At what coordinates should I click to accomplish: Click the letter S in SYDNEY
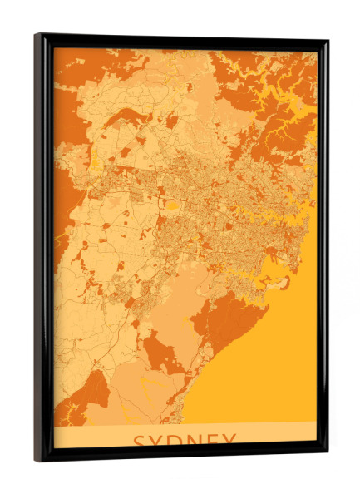tap(141, 441)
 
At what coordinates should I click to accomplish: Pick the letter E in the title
tap(215, 441)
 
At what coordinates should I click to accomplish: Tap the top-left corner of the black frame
tap(37, 36)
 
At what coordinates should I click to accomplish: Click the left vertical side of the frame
tap(41, 249)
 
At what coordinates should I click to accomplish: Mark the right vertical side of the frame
tap(323, 249)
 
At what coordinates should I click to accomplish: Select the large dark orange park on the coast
tap(237, 320)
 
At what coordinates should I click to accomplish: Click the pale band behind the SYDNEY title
tap(91, 437)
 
